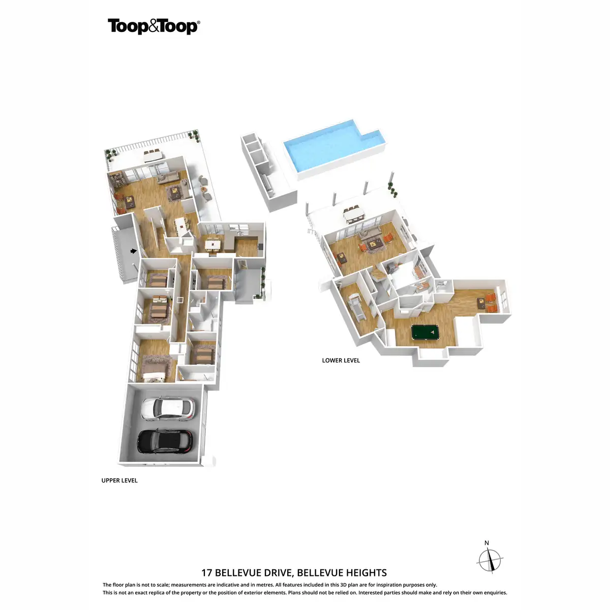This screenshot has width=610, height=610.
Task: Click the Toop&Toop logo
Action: click(x=154, y=26)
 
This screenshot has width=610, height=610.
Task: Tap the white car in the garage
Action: click(x=167, y=408)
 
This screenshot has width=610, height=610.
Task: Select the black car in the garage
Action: click(x=166, y=441)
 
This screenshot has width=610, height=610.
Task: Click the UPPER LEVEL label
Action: click(x=119, y=480)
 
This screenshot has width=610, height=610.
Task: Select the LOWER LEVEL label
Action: click(x=341, y=360)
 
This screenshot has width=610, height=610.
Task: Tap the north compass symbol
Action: click(x=490, y=561)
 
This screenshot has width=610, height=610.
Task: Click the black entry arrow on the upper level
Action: click(x=134, y=251)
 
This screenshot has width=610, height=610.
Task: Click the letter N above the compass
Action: click(x=486, y=543)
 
